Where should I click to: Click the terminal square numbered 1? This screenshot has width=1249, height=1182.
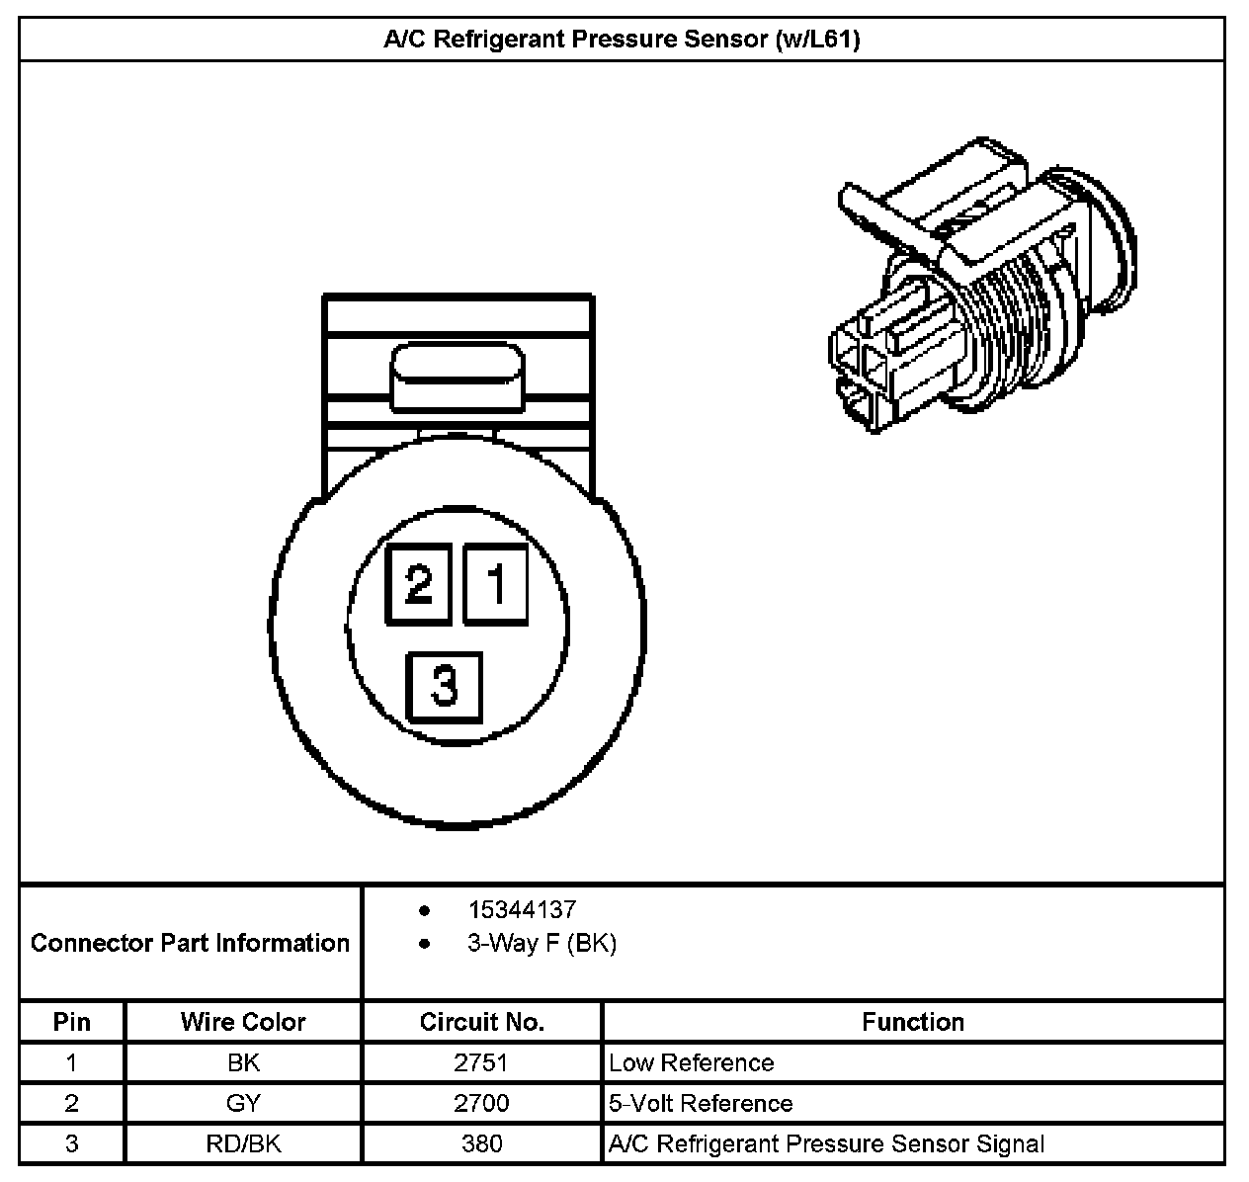(495, 584)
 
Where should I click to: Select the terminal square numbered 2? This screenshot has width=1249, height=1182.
(419, 584)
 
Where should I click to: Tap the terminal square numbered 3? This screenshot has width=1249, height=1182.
(444, 688)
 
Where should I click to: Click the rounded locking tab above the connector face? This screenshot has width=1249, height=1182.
(458, 378)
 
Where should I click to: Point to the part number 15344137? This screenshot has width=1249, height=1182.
(522, 910)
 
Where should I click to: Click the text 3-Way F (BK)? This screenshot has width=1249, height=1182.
(541, 943)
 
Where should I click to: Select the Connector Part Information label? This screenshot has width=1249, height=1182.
(190, 943)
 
